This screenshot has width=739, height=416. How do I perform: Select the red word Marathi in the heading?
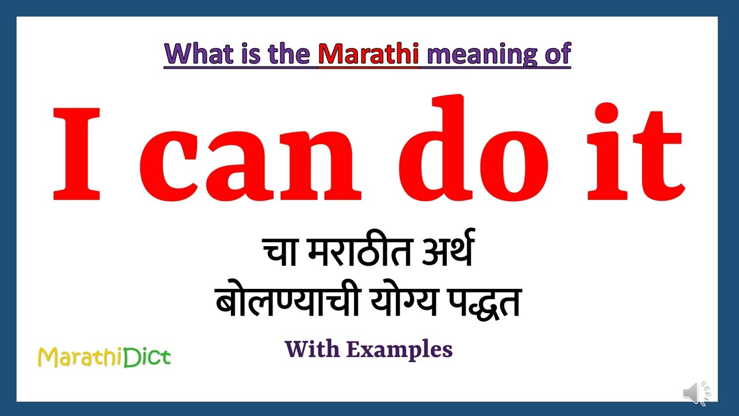369,54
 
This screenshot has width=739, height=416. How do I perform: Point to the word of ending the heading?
557,54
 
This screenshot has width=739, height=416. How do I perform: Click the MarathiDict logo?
104,357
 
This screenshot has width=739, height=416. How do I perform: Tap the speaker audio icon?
697,393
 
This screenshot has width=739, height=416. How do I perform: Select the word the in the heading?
289,54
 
